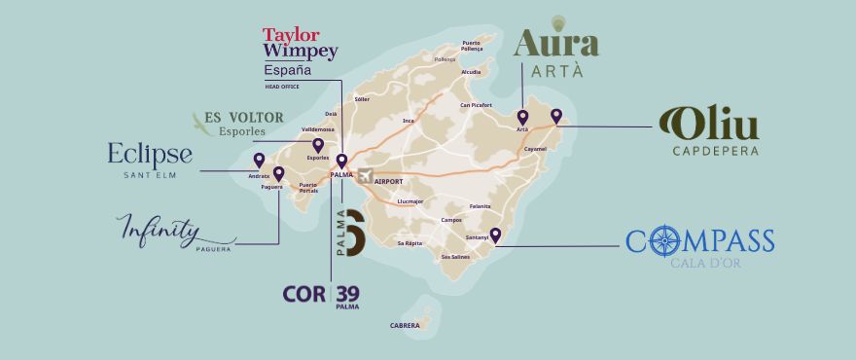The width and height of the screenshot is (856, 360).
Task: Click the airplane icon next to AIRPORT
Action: click(366, 176)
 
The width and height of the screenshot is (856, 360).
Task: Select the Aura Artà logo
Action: click(555, 49)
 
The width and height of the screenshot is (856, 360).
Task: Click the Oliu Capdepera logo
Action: click(708, 131)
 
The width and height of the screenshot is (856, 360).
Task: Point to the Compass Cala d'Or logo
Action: click(699, 247)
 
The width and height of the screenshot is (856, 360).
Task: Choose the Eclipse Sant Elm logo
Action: click(150, 160)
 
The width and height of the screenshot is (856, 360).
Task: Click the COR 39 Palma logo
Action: click(321, 294)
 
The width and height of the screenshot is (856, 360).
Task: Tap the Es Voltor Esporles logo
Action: click(238, 123)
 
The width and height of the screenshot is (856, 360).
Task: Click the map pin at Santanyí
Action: click(495, 234)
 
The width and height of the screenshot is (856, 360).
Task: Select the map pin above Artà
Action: click(522, 118)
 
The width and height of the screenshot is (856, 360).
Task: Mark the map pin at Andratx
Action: click(259, 161)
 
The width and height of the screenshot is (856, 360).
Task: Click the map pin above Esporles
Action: click(318, 145)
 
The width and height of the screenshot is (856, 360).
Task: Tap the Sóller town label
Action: click(362, 99)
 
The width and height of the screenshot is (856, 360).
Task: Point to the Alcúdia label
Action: click(470, 71)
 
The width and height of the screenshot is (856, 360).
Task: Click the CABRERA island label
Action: click(404, 325)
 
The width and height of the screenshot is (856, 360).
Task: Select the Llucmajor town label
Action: click(410, 201)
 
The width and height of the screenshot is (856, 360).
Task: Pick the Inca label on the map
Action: click(409, 121)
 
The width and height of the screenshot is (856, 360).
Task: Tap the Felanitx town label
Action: click(480, 206)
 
